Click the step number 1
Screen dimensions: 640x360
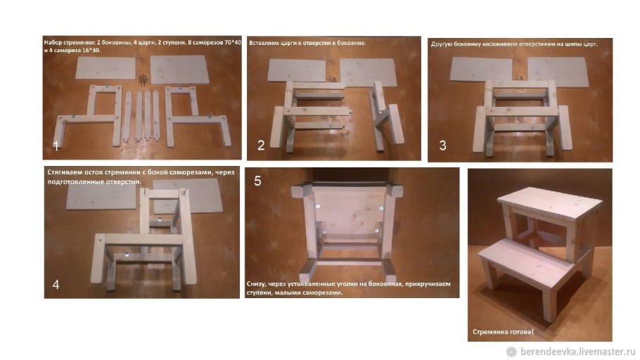tap(56, 146)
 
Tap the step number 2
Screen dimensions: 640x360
tap(261, 145)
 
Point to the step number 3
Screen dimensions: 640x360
tap(443, 146)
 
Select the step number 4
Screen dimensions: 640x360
tap(56, 285)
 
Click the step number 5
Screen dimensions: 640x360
tap(257, 181)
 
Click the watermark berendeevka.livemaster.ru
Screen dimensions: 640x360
tap(578, 352)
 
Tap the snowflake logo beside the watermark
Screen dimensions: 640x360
tap(511, 352)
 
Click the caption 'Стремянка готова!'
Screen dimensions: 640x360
tap(503, 332)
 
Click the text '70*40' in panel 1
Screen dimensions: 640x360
tap(233, 42)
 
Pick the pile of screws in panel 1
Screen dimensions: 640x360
tap(143, 79)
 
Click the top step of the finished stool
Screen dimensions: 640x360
tap(550, 204)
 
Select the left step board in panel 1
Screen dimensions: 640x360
tap(105, 68)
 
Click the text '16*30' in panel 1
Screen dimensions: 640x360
tap(92, 51)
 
